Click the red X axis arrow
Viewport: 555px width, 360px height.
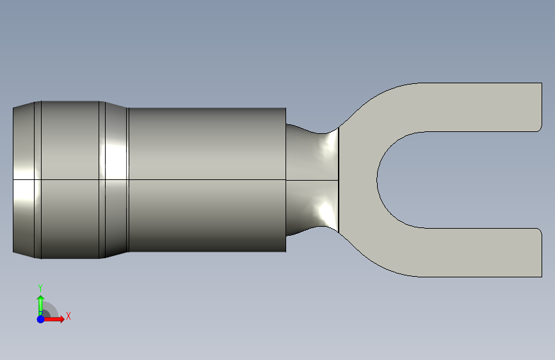(54, 319)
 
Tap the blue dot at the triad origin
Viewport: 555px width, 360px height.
(41, 319)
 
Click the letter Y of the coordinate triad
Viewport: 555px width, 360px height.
(40, 288)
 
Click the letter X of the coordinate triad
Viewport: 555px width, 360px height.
(68, 316)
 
